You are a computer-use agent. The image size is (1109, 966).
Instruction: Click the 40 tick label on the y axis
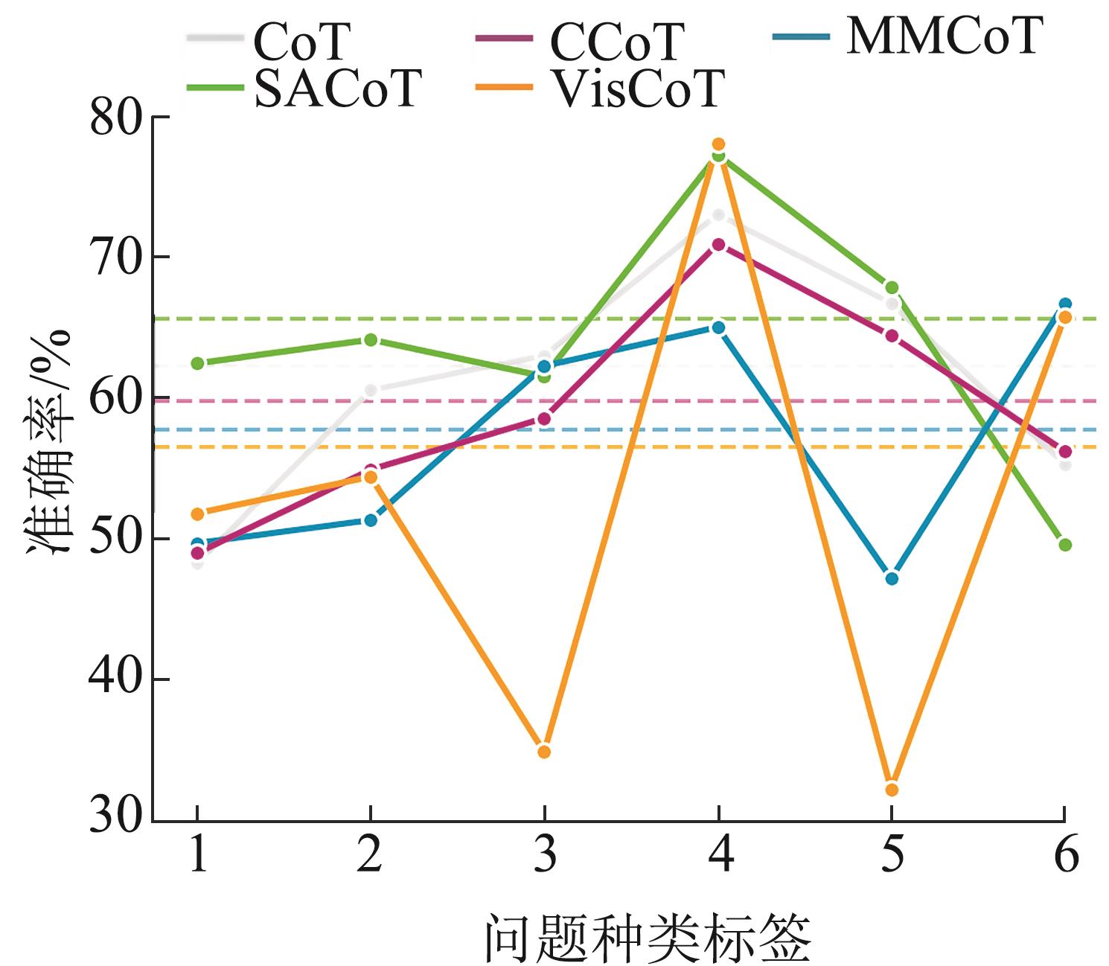(116, 679)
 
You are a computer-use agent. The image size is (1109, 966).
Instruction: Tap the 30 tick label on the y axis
(116, 816)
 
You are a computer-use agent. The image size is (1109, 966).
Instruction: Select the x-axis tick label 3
(545, 856)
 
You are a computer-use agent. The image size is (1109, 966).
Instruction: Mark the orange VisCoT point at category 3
(544, 752)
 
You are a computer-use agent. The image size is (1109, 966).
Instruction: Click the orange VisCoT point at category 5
(892, 790)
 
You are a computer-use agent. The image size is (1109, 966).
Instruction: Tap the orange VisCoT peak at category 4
(718, 144)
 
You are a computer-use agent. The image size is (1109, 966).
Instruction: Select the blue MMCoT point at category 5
(892, 578)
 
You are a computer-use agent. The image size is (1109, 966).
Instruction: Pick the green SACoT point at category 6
(1065, 545)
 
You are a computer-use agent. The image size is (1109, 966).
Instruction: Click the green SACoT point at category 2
(371, 340)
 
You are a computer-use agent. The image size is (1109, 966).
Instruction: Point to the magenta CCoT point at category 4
(718, 244)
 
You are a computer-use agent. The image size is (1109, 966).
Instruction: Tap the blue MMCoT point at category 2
(371, 520)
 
